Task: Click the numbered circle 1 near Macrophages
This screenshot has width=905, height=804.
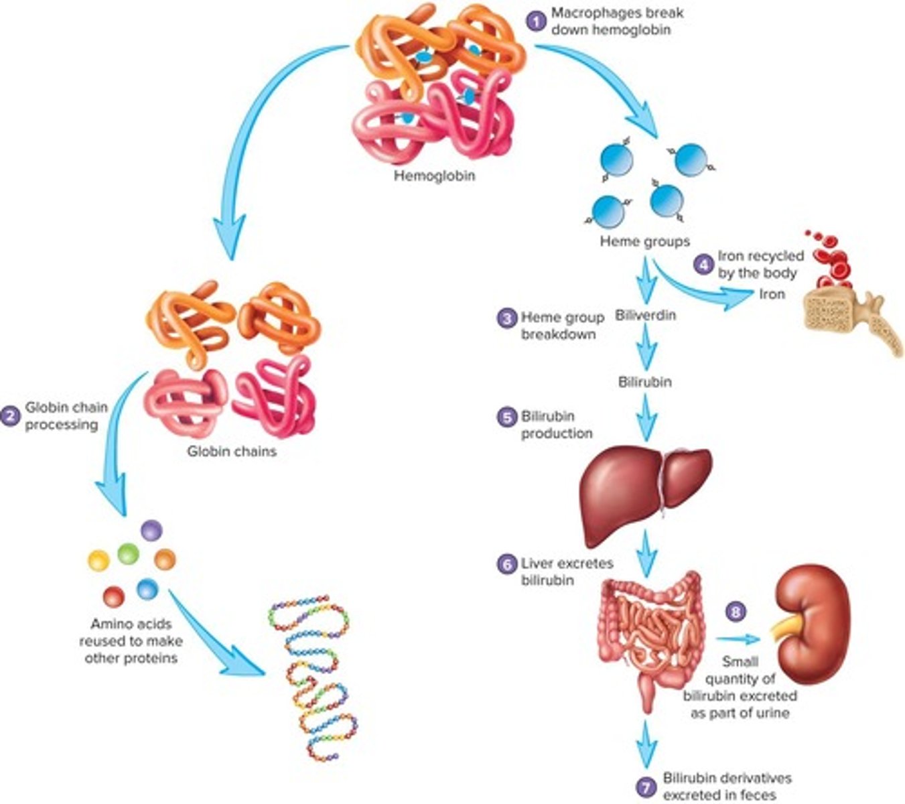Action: tap(535, 21)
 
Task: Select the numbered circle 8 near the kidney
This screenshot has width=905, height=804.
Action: tap(736, 612)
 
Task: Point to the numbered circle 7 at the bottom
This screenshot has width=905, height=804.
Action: tap(646, 787)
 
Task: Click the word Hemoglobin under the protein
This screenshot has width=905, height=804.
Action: tap(434, 176)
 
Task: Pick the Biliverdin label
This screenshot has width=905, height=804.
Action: tap(645, 315)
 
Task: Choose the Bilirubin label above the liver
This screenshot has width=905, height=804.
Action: tap(644, 382)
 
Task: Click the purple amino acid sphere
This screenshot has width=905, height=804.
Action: tap(151, 531)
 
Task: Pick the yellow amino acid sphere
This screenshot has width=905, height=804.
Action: tap(98, 560)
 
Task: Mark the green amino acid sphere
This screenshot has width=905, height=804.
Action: tap(128, 554)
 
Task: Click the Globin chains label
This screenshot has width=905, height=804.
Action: tap(231, 451)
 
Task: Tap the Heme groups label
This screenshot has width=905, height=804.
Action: tap(644, 241)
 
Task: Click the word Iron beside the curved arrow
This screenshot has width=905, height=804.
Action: tap(772, 293)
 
